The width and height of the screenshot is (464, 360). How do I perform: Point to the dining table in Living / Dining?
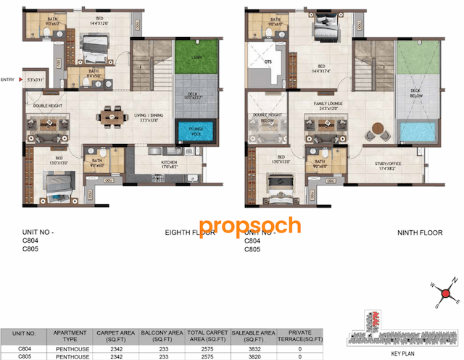(x=110, y=117)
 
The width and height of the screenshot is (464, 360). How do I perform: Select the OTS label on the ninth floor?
(x=268, y=62)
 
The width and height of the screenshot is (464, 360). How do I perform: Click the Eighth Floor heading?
(x=186, y=233)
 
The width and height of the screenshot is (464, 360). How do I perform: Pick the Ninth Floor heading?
(x=419, y=233)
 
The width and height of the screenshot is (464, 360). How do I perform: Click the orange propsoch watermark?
(x=249, y=225)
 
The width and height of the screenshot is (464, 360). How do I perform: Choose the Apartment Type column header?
(x=70, y=337)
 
